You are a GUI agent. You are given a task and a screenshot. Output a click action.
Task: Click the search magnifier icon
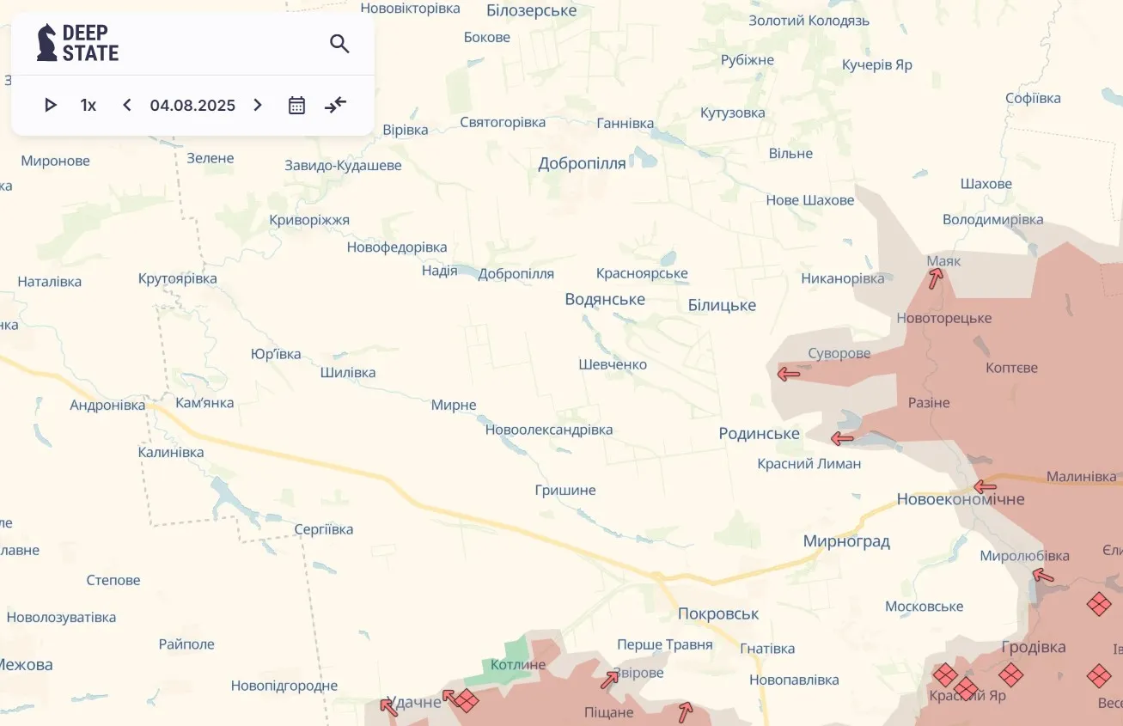pyautogui.click(x=339, y=44)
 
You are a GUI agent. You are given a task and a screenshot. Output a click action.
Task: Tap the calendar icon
pyautogui.click(x=296, y=105)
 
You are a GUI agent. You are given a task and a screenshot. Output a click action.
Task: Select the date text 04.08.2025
pyautogui.click(x=192, y=105)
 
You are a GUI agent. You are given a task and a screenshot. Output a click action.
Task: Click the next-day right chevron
pyautogui.click(x=258, y=105)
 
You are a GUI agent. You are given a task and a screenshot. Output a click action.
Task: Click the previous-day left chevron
pyautogui.click(x=127, y=105)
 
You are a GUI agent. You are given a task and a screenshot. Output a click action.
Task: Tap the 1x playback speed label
pyautogui.click(x=88, y=105)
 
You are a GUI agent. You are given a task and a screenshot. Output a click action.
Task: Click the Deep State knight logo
pyautogui.click(x=46, y=43)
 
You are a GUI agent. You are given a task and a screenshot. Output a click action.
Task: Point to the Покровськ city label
pyautogui.click(x=717, y=613)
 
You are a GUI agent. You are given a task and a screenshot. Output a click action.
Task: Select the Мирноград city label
pyautogui.click(x=845, y=541)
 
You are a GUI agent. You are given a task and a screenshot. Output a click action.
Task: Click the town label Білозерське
pyautogui.click(x=531, y=10)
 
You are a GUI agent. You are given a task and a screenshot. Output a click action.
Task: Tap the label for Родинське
pyautogui.click(x=759, y=434)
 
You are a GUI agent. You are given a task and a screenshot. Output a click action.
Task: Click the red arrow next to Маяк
pyautogui.click(x=936, y=278)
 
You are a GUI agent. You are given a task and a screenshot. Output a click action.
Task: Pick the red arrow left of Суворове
pyautogui.click(x=788, y=373)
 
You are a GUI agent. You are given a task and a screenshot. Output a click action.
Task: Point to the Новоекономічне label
pyautogui.click(x=960, y=499)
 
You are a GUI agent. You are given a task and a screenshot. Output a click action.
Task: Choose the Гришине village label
pyautogui.click(x=565, y=490)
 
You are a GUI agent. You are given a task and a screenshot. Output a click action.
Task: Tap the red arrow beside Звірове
pyautogui.click(x=609, y=680)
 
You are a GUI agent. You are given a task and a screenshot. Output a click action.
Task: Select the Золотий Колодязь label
pyautogui.click(x=809, y=21)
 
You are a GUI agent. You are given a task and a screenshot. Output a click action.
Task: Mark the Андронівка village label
pyautogui.click(x=107, y=405)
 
